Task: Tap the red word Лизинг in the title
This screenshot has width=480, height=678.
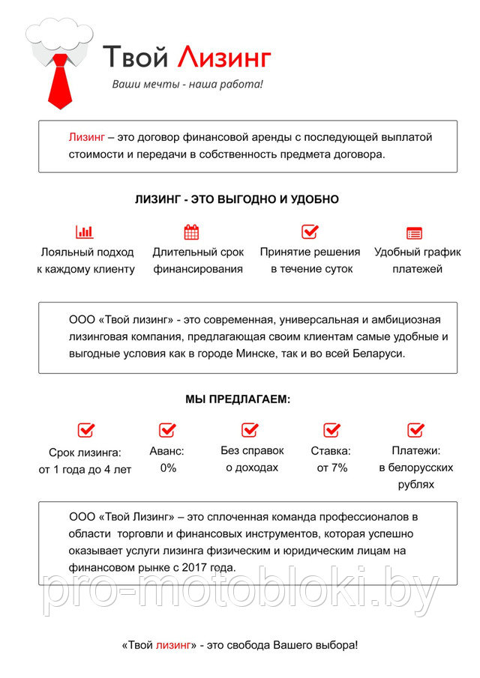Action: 223,57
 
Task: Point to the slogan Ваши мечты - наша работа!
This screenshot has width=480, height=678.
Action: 187,85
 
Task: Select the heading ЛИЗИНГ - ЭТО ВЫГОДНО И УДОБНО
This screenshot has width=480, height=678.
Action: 237,200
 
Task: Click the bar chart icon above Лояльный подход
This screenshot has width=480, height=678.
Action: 85,232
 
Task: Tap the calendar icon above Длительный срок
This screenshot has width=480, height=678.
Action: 191,232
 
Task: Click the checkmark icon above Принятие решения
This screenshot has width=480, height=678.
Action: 310,231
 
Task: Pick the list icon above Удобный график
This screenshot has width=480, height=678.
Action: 414,233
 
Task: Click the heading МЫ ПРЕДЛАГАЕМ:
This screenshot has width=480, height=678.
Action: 238,400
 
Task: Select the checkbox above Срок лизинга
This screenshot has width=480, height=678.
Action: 86,430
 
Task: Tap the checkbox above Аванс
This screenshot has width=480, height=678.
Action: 167,430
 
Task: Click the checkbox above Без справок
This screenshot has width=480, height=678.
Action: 250,430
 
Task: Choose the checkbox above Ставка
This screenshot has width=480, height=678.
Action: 332,430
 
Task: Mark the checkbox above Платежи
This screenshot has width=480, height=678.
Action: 416,430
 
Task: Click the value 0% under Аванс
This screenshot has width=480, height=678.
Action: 168,468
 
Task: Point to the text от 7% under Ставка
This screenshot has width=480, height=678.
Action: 331,468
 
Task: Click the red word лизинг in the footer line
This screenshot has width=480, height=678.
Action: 173,645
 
